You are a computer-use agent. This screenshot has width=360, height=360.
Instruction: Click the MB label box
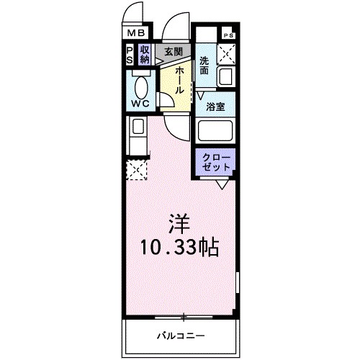point(136,33)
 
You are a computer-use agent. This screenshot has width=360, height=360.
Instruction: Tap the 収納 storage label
point(145,54)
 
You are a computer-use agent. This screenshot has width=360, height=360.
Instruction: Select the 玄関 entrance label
point(172,51)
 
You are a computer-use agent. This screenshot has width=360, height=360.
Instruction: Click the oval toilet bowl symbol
point(140,86)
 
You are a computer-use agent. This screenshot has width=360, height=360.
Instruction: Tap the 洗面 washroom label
point(205,66)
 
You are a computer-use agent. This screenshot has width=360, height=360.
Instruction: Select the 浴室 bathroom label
point(215,106)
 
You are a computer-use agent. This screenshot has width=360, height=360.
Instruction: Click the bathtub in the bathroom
point(216,131)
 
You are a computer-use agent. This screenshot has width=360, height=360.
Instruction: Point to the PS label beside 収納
point(130,54)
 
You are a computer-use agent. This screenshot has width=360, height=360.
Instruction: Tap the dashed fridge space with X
point(136,170)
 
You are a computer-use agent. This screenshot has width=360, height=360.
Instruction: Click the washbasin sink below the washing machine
point(225,77)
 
